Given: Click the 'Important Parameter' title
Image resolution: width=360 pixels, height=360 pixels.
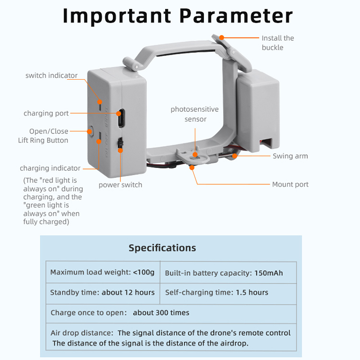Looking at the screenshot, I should pos(178,15).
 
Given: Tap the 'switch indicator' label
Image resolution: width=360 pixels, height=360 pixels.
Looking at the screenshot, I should pos(51,75).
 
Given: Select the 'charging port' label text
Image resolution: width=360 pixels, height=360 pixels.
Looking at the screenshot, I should pos(46,113).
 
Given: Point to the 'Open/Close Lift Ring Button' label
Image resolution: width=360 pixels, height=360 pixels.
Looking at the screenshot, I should pos(43,136).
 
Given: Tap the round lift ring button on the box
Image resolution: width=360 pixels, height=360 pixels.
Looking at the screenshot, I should pos(91,130).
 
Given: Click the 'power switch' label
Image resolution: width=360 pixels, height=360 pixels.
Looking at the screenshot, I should pos(120,185).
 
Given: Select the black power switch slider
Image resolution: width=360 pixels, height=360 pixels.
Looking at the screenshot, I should pos(120,144).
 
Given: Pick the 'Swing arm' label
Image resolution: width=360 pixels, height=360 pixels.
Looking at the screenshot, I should pos(290,156).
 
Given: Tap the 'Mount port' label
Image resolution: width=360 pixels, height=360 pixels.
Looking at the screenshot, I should pos(290,184).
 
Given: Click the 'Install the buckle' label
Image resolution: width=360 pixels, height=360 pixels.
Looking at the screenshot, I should pos(278,43).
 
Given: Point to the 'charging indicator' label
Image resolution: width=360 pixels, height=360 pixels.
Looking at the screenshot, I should pos(50,168).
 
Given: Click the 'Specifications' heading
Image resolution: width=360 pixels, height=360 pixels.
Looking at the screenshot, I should pos(162,248).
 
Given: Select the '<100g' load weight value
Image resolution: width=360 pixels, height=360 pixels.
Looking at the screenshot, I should pos(144,272).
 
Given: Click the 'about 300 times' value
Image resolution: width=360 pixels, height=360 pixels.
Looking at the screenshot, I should pos(161,313).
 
